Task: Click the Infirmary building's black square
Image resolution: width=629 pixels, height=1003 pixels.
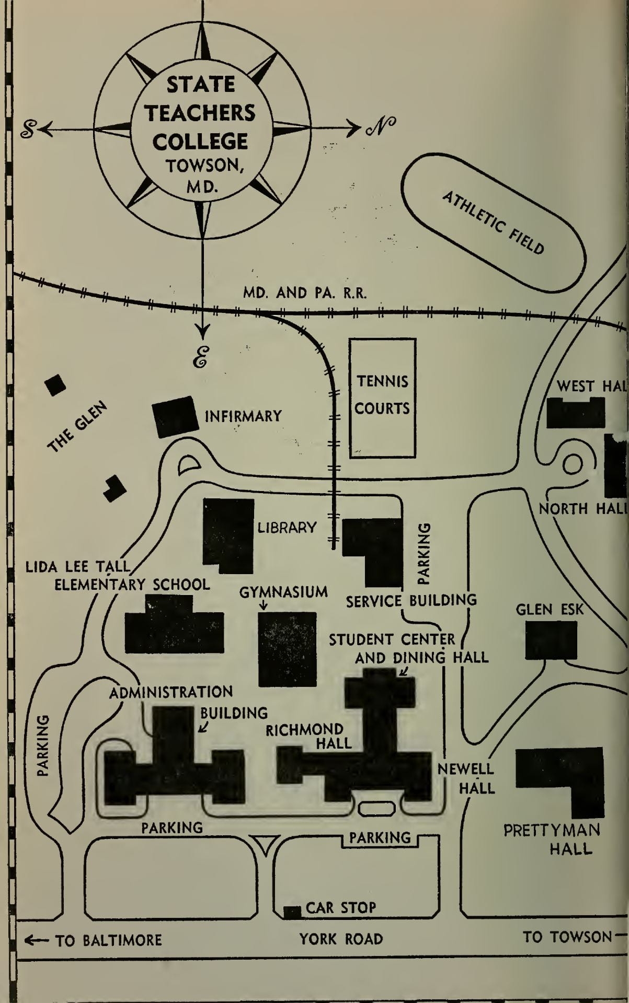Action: [x=175, y=416]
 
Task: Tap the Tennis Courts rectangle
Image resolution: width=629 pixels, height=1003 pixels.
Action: [x=382, y=398]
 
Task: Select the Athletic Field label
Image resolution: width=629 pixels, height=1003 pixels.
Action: [x=493, y=223]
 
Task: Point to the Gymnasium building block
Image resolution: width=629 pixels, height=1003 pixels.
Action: [x=288, y=649]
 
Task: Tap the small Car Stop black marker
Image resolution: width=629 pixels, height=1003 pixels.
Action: [x=292, y=912]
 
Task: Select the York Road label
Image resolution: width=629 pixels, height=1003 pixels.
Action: [x=341, y=939]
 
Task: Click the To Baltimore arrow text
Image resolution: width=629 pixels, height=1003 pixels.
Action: [x=94, y=940]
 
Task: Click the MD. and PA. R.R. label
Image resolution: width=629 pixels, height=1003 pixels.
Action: [x=305, y=293]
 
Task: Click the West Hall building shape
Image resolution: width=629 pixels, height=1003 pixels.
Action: [x=575, y=413]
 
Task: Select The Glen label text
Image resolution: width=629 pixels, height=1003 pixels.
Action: [x=77, y=427]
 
